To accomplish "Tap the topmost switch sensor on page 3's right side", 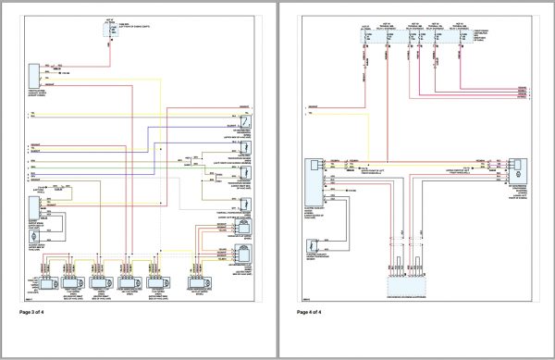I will (245, 121).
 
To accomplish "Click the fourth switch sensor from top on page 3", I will (245, 204).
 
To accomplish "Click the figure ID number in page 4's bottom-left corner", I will (302, 298).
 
